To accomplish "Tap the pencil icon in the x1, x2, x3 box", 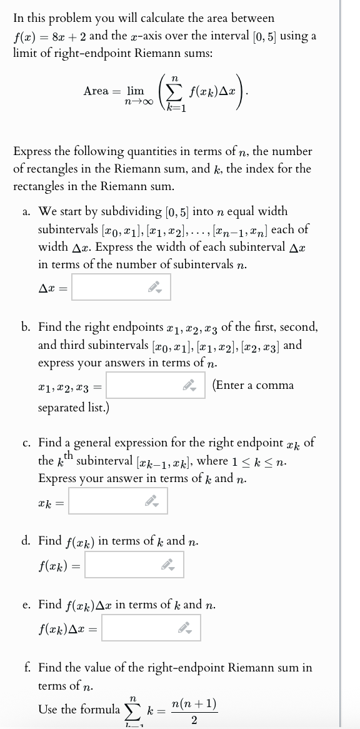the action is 192,386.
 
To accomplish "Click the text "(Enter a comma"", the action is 253,385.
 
